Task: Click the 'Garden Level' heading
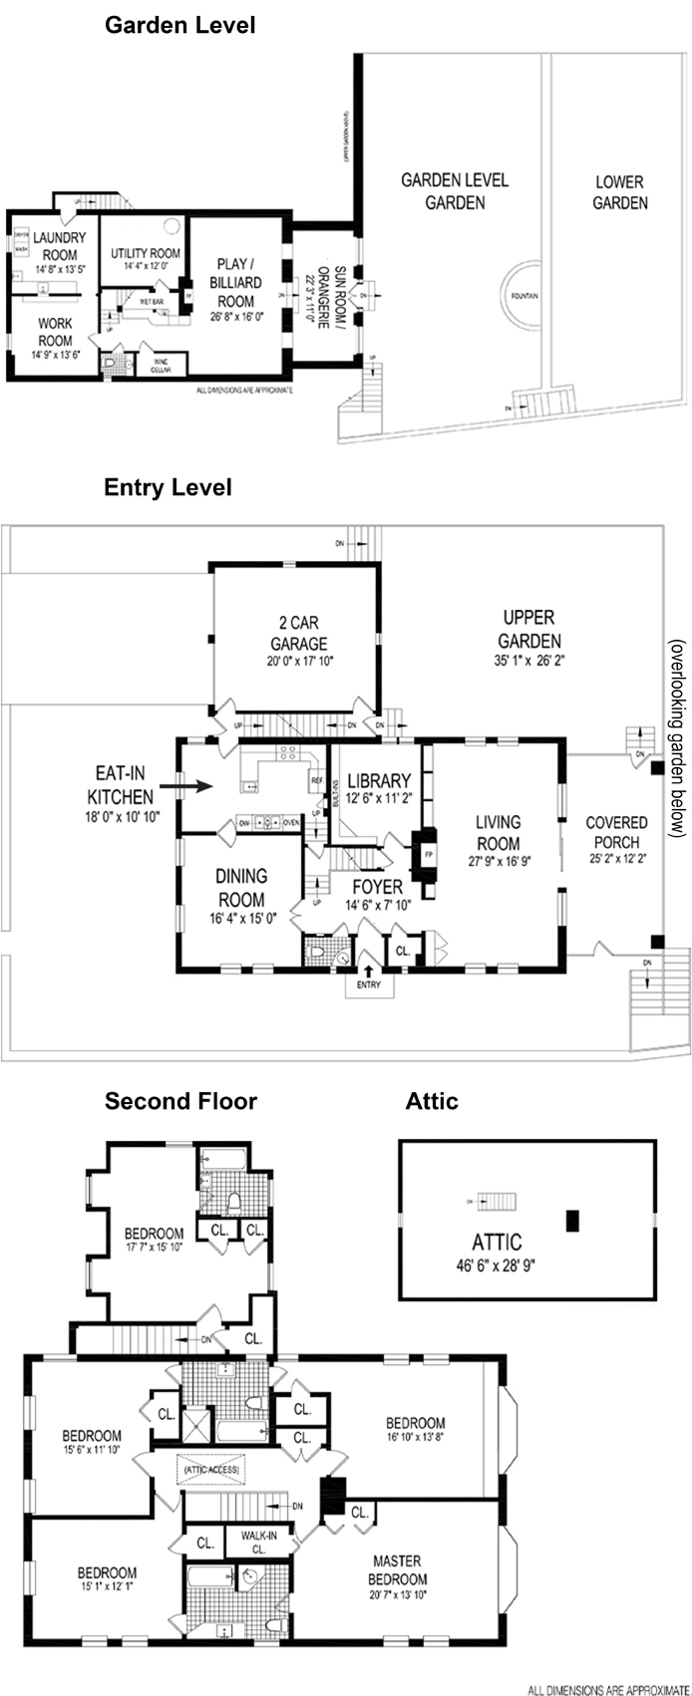pyautogui.click(x=180, y=25)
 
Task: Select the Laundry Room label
pyautogui.click(x=60, y=247)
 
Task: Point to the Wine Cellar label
pyautogui.click(x=161, y=366)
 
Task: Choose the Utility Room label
pyautogui.click(x=146, y=253)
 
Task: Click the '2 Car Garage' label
pyautogui.click(x=298, y=633)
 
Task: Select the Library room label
pyautogui.click(x=379, y=780)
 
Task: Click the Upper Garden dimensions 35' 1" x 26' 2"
pyautogui.click(x=529, y=661)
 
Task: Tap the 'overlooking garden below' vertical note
pyautogui.click(x=678, y=736)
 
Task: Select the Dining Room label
pyautogui.click(x=241, y=887)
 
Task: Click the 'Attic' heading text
pyautogui.click(x=432, y=1101)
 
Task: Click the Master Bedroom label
pyautogui.click(x=397, y=1569)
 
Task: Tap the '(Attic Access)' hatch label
pyautogui.click(x=210, y=1469)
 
